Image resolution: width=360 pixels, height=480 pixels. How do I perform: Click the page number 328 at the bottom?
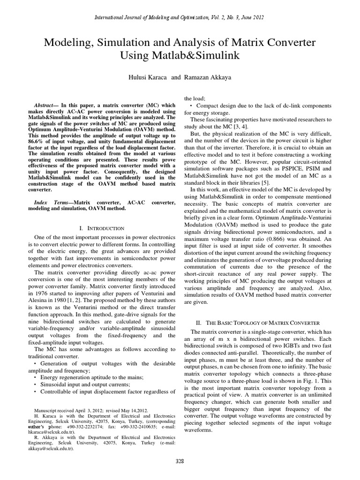(x=180, y=461)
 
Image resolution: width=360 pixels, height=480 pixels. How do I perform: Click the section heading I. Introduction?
(x=102, y=228)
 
